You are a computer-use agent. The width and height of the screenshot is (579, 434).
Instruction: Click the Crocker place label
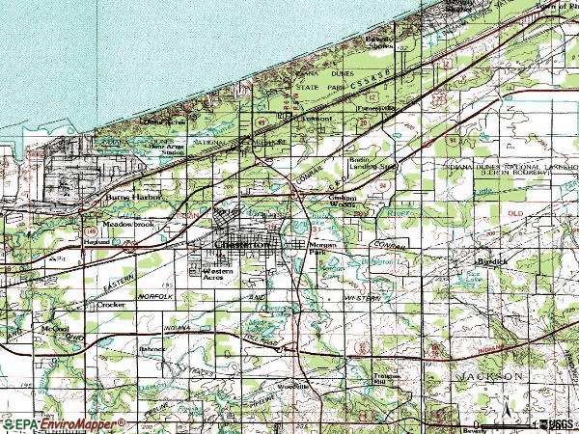click(111, 304)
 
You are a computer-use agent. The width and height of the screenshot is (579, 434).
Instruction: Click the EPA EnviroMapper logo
click(64, 423)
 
